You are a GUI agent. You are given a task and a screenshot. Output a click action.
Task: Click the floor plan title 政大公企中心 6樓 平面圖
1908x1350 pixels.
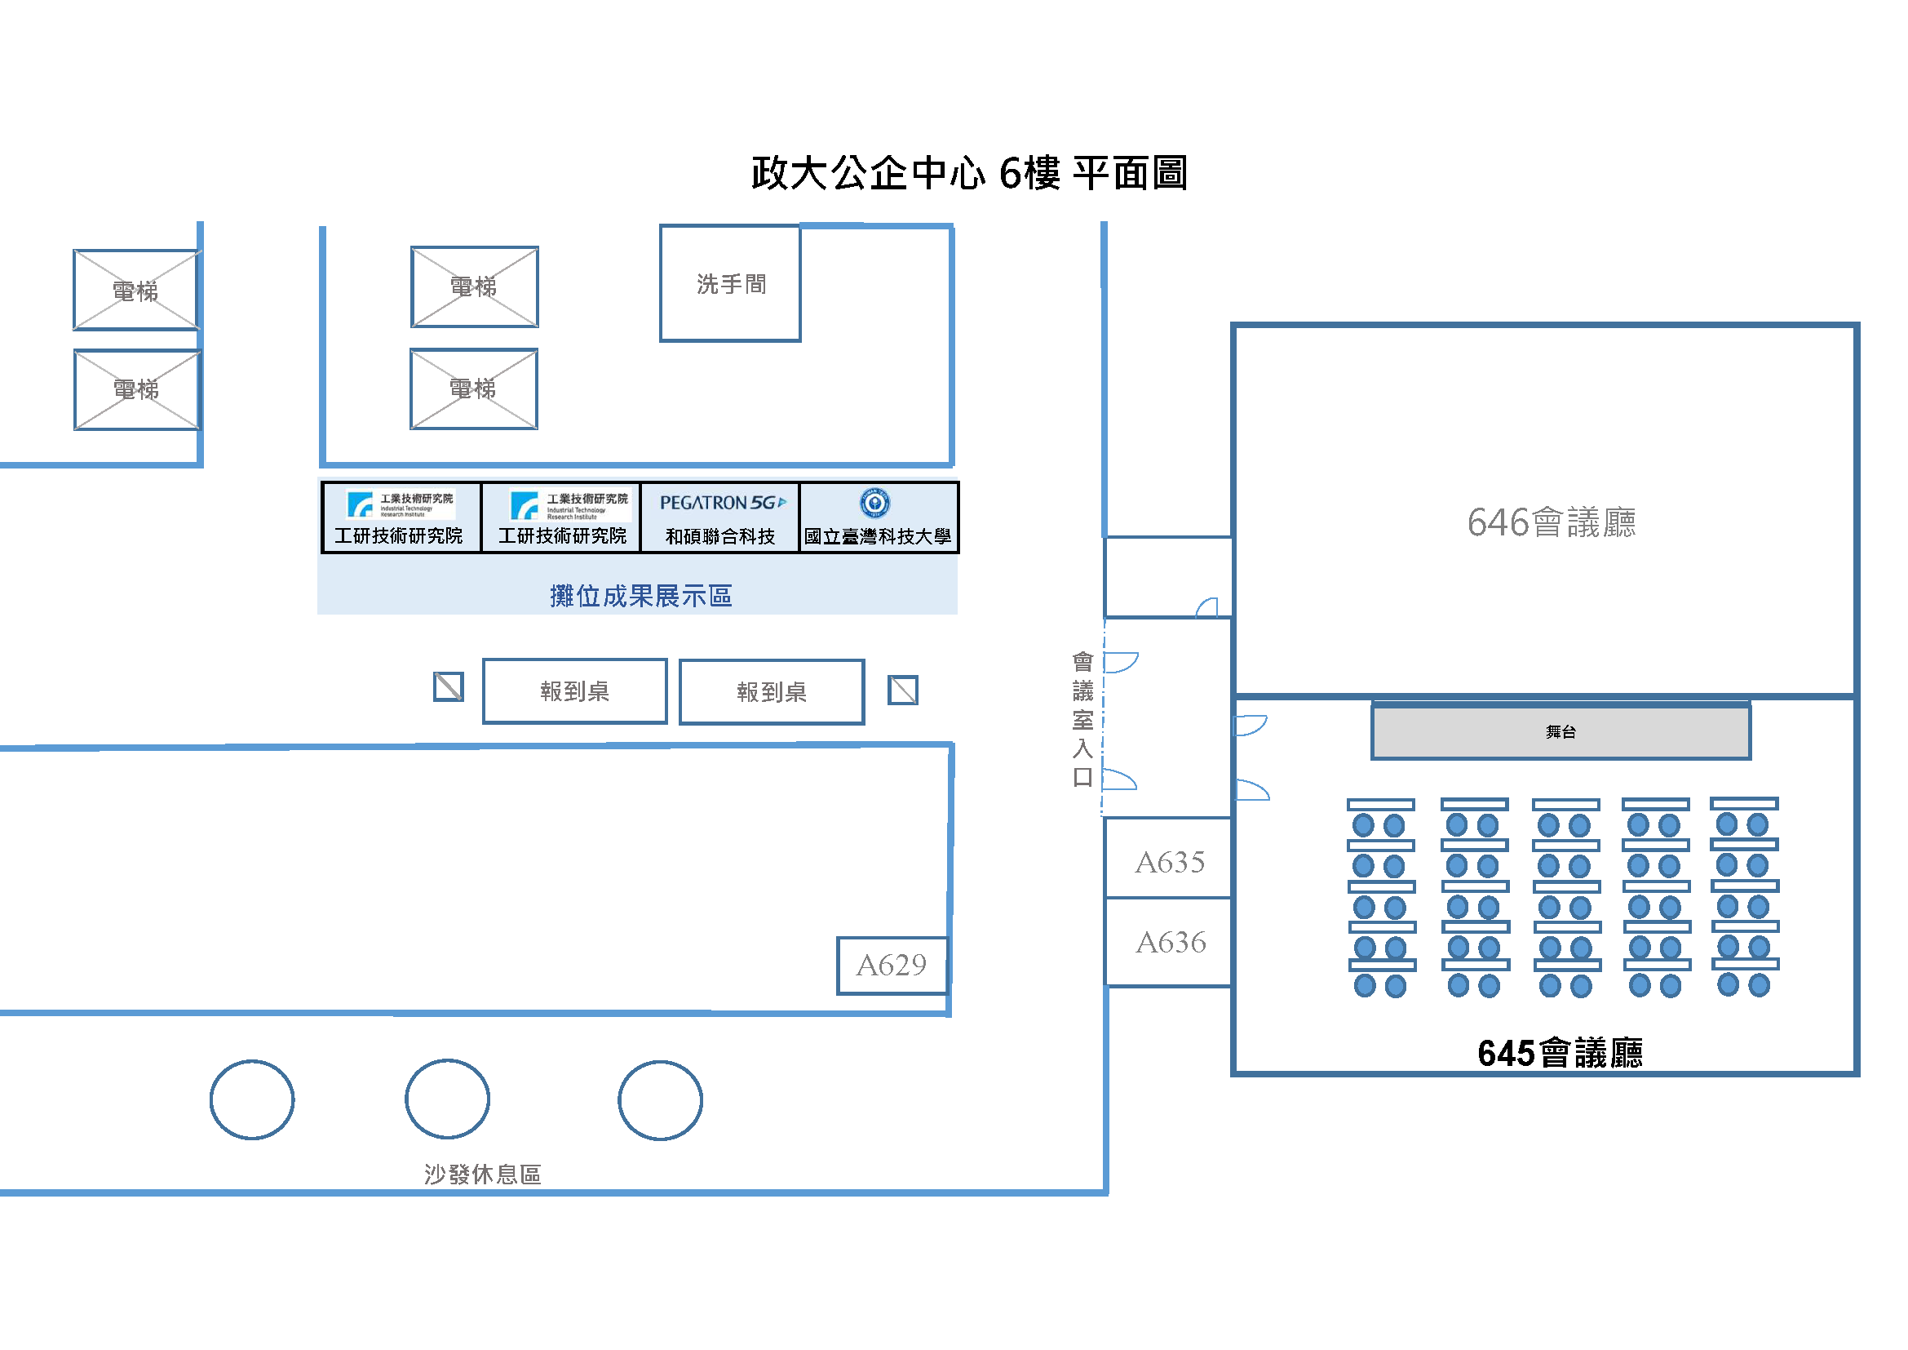[x=969, y=174]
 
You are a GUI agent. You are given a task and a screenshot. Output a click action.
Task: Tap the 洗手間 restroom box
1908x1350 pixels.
[x=729, y=283]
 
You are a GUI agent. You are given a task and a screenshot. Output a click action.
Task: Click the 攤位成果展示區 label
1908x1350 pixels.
[x=640, y=596]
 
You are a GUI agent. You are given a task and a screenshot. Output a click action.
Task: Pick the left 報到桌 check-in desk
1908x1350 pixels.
[x=574, y=691]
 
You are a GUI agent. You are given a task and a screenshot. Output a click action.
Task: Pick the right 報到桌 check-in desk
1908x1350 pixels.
[x=771, y=691]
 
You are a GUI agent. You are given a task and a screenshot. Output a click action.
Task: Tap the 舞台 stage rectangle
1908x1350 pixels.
[x=1560, y=731]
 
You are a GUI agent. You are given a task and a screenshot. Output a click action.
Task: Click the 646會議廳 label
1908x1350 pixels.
[x=1551, y=523]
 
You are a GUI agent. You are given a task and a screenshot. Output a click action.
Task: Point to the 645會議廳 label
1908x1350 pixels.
[x=1559, y=1053]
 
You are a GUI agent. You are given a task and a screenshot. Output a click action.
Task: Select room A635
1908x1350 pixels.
[x=1168, y=862]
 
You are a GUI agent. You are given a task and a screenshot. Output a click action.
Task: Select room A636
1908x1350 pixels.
[x=1169, y=942]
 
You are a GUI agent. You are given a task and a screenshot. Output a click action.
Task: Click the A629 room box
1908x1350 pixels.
[x=891, y=965]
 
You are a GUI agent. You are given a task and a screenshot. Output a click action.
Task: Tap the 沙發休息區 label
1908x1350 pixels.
[x=482, y=1174]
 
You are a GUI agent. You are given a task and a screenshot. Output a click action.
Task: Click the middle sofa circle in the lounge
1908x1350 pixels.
[x=447, y=1099]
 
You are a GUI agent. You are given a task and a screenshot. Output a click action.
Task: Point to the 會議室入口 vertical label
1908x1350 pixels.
[x=1082, y=719]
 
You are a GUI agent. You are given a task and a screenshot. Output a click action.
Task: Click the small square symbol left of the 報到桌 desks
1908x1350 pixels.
[x=448, y=686]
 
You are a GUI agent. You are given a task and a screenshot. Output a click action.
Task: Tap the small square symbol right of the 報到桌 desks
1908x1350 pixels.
[x=902, y=690]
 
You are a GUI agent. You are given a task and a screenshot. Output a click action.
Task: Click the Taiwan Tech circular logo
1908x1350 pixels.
[x=874, y=502]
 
